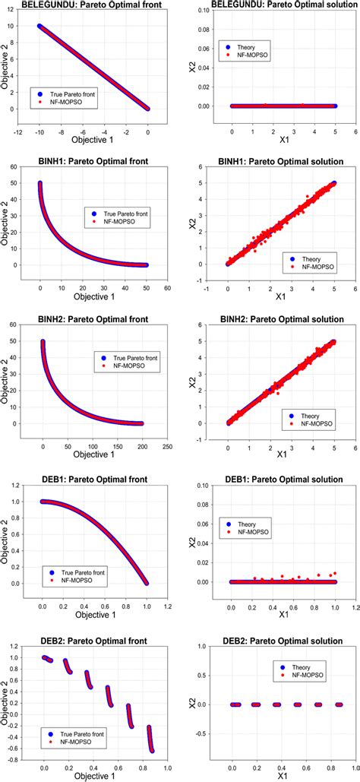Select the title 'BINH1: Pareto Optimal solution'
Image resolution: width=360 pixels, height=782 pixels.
pos(276,162)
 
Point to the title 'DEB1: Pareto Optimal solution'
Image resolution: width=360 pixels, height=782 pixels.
pos(276,476)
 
